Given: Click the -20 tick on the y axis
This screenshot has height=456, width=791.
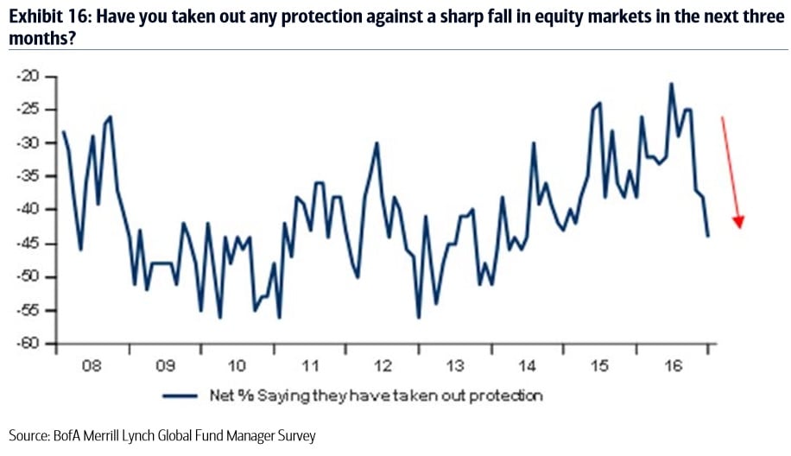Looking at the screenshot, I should pyautogui.click(x=28, y=76).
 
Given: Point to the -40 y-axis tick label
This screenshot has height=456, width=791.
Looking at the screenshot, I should pyautogui.click(x=28, y=210).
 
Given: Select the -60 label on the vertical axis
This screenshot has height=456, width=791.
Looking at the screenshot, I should pyautogui.click(x=28, y=344).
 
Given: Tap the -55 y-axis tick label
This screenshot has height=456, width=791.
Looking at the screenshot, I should pyautogui.click(x=28, y=310).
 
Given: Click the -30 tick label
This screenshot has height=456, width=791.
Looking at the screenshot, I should pyautogui.click(x=28, y=142).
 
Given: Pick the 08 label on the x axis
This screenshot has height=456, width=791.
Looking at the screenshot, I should pyautogui.click(x=92, y=364).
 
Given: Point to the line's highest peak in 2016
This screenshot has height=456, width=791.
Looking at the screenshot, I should pyautogui.click(x=671, y=84).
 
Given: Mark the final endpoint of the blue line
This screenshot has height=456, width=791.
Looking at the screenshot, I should pyautogui.click(x=708, y=236).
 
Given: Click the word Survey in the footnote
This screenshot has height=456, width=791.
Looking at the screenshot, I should pyautogui.click(x=293, y=436).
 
